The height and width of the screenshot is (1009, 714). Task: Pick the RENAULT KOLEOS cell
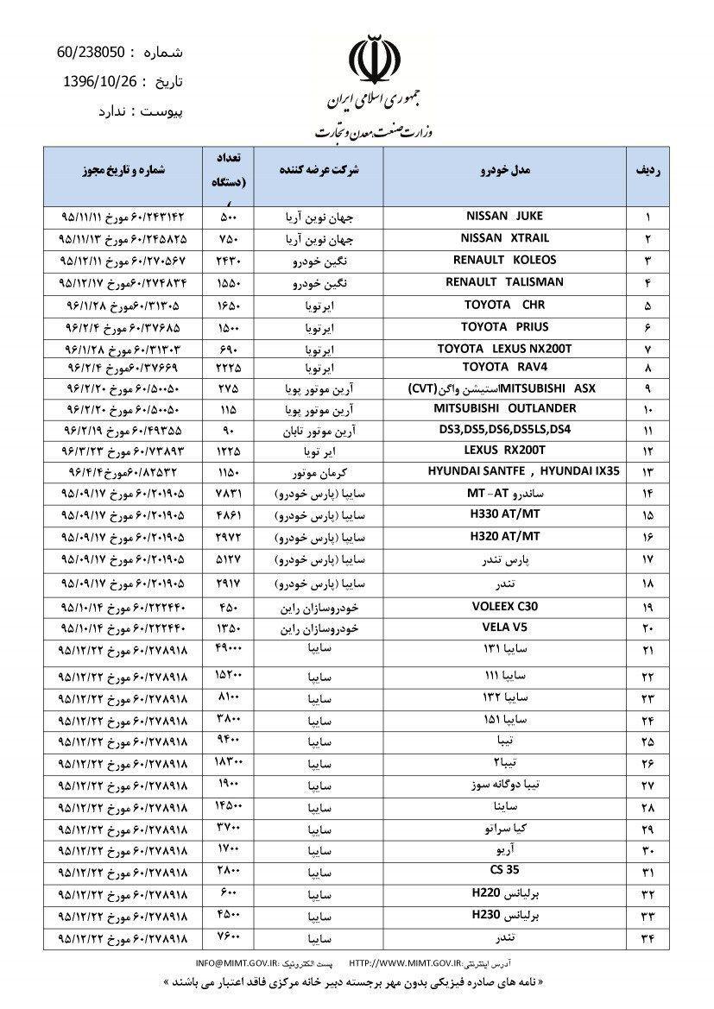coord(504,260)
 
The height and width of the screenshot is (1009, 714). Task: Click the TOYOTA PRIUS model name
coord(504,327)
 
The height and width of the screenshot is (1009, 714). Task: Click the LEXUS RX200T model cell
coord(504,450)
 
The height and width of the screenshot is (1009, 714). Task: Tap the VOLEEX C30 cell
coord(504,606)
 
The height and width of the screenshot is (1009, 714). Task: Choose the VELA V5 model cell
coord(504,627)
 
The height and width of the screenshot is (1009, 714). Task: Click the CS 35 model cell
coord(504,869)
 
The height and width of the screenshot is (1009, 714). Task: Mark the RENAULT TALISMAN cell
coord(504,282)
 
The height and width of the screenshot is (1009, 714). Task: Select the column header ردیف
coord(648,171)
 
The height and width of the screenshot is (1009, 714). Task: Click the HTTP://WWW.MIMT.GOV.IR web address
coord(407,962)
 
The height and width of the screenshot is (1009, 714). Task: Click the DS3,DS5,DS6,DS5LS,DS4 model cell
coord(504,428)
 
